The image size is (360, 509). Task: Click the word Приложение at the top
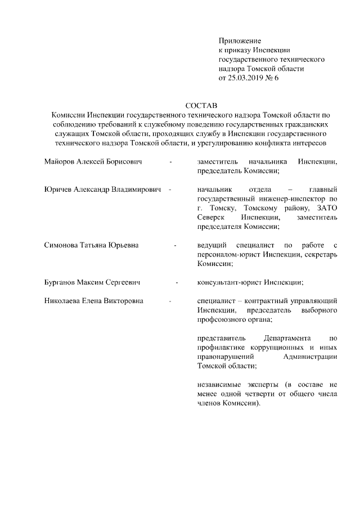tap(240, 41)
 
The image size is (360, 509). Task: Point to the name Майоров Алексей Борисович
tap(93, 162)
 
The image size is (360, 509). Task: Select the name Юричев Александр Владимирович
tap(103, 190)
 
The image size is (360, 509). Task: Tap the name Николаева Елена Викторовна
tap(93, 300)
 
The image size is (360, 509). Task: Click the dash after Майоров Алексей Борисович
tap(171, 162)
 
